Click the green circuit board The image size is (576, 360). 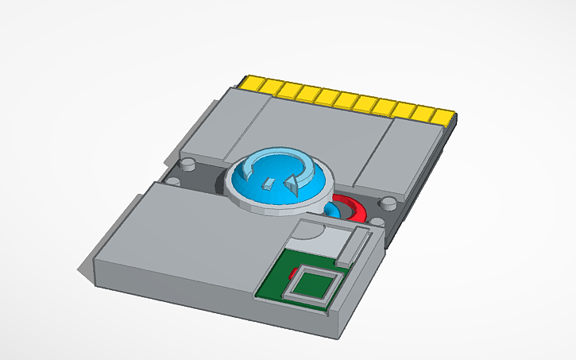(x=278, y=278)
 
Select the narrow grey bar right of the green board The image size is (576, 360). (x=358, y=246)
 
